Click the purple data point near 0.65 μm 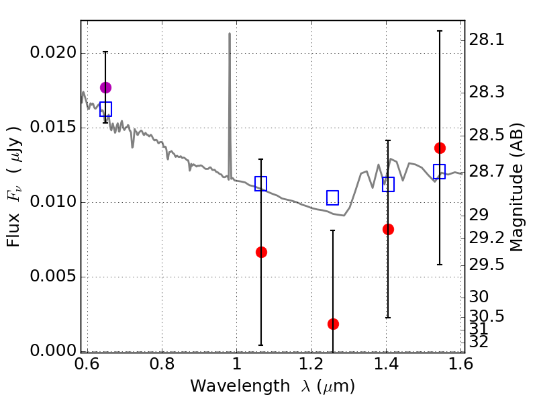pyautogui.click(x=105, y=88)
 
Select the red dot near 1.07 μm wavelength pyautogui.click(x=261, y=253)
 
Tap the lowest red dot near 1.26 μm pyautogui.click(x=333, y=324)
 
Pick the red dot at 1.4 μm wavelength pyautogui.click(x=388, y=229)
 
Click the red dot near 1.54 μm pyautogui.click(x=440, y=148)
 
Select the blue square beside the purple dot pyautogui.click(x=105, y=109)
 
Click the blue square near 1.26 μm pyautogui.click(x=332, y=197)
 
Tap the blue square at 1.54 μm pyautogui.click(x=440, y=171)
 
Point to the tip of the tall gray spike pyautogui.click(x=230, y=33)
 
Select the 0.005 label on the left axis pyautogui.click(x=53, y=276)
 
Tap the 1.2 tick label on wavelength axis pyautogui.click(x=311, y=364)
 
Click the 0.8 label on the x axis pyautogui.click(x=162, y=364)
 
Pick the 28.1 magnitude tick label pyautogui.click(x=486, y=40)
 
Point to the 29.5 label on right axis pyautogui.click(x=486, y=265)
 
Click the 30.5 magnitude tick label pyautogui.click(x=486, y=316)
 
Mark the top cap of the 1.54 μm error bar pyautogui.click(x=440, y=31)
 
